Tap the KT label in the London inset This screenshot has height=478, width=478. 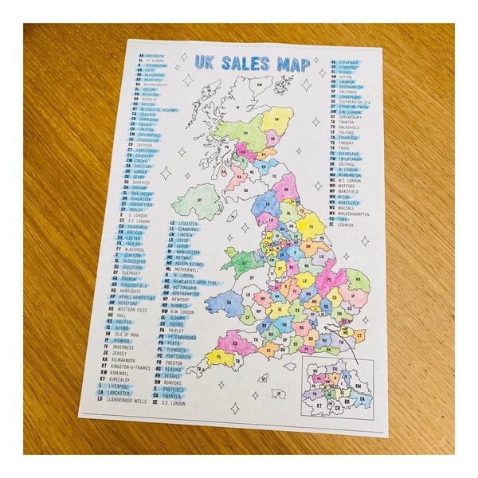(x=322, y=405)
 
